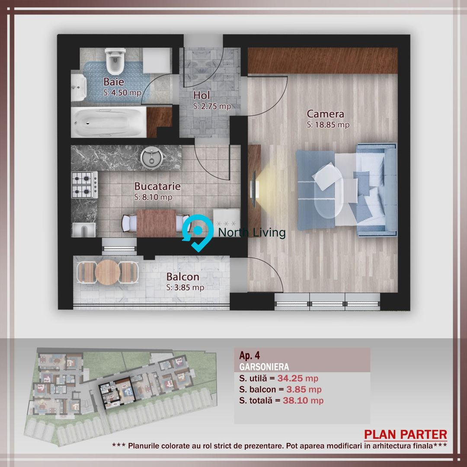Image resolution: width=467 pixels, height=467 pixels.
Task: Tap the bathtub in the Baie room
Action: (109, 122)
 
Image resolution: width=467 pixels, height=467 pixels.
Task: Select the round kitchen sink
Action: (152, 158)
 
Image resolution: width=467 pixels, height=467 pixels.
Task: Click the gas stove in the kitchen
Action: (85, 185)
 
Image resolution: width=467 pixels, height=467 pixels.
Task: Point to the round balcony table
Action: (108, 272)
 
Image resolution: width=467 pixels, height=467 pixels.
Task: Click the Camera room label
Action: (325, 114)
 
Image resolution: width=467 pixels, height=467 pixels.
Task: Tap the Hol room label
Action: (202, 95)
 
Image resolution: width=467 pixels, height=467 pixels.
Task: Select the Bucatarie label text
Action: (157, 186)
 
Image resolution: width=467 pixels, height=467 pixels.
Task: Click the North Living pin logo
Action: (198, 233)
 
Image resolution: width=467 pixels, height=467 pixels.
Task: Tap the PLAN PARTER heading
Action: (405, 435)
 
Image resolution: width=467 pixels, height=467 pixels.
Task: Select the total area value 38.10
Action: (295, 400)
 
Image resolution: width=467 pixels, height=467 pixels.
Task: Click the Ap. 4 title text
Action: (249, 355)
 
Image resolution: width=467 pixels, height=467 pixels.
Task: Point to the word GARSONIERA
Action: (264, 367)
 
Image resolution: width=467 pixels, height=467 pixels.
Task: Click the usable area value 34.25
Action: (290, 378)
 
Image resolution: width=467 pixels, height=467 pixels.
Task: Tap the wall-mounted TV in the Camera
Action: (254, 189)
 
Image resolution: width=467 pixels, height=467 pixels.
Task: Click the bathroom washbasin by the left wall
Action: (79, 88)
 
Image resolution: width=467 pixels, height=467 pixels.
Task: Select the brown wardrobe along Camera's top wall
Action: (323, 61)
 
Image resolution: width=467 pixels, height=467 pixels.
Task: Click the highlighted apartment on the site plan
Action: (117, 393)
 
